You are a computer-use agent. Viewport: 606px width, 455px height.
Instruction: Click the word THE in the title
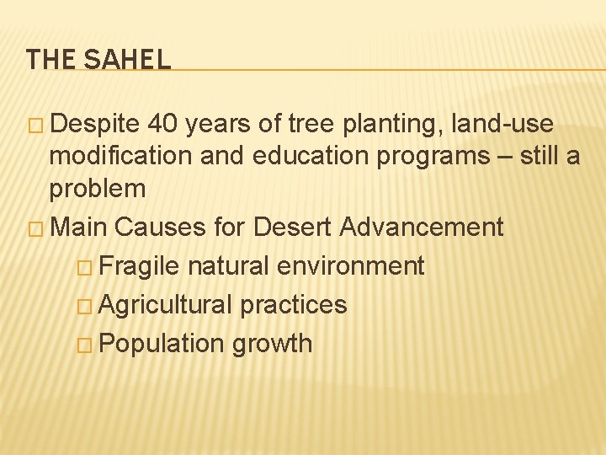point(50,59)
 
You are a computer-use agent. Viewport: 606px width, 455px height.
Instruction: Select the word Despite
point(93,125)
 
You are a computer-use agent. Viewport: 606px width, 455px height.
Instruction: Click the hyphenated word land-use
point(502,125)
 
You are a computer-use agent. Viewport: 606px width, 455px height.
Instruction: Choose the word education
point(301,157)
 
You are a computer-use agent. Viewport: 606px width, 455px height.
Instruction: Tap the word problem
point(97,189)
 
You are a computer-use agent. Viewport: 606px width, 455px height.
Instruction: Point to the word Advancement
point(421,227)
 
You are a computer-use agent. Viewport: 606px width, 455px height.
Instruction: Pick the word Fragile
point(139,266)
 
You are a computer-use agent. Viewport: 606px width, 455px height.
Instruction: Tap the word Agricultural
point(165,304)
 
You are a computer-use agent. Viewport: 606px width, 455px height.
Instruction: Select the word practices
point(293,304)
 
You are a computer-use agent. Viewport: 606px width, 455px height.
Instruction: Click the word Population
point(158,344)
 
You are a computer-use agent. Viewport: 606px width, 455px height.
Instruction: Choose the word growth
point(272,344)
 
